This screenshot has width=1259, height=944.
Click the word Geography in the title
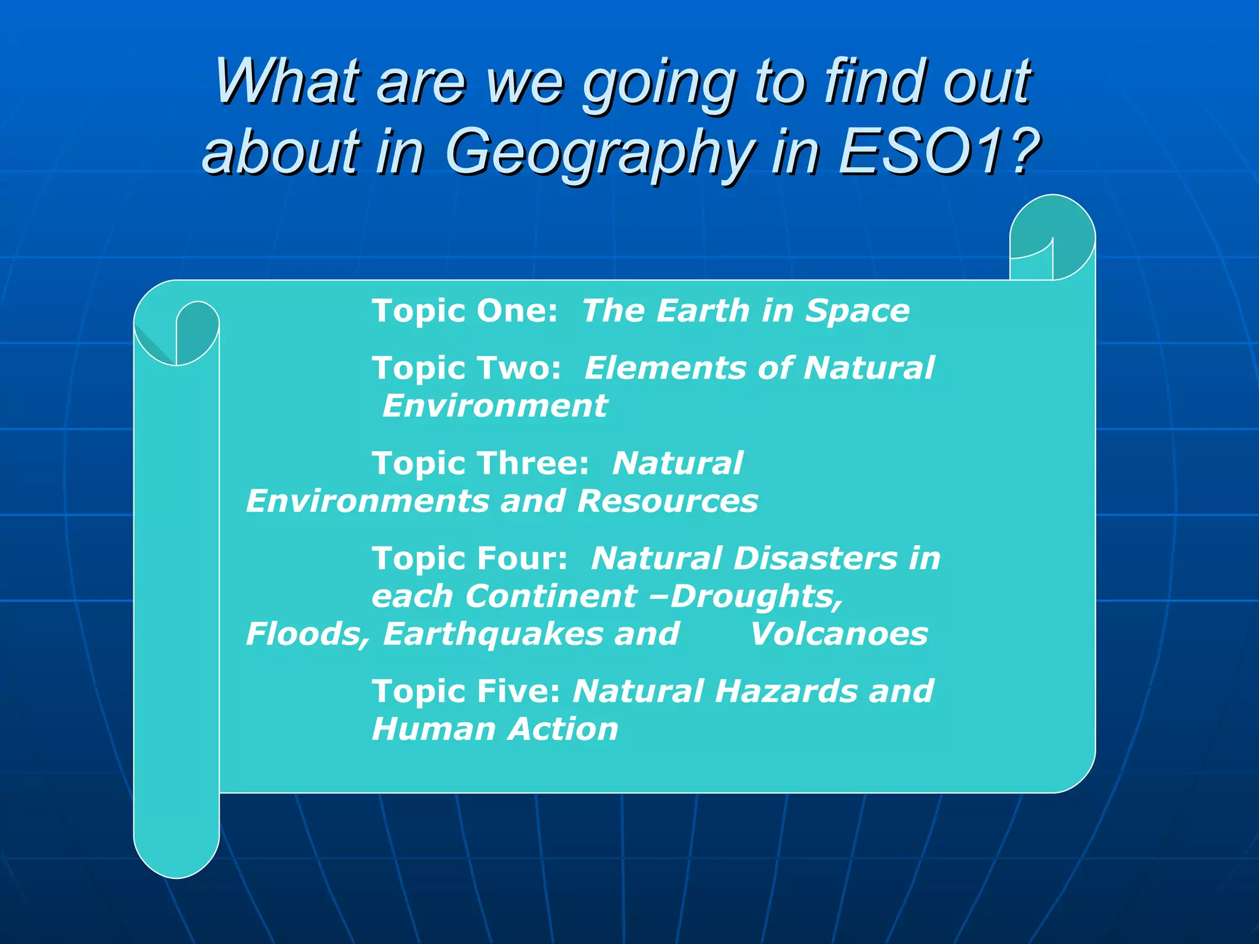click(x=599, y=152)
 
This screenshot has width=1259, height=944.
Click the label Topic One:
click(x=464, y=310)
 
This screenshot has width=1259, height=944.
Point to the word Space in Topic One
click(x=857, y=310)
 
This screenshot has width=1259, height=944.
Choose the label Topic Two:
click(x=466, y=368)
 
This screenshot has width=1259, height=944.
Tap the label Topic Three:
click(x=480, y=463)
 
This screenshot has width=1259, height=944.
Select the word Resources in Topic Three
click(x=667, y=501)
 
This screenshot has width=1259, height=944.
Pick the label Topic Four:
click(x=470, y=559)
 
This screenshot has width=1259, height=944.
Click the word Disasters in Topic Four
click(x=815, y=559)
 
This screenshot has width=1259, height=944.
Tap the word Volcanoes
click(x=839, y=634)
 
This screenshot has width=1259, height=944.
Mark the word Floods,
click(x=307, y=634)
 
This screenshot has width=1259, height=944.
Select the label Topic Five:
click(x=466, y=691)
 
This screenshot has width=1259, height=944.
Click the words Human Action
click(x=495, y=730)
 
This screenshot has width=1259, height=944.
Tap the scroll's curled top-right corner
click(x=1052, y=237)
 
